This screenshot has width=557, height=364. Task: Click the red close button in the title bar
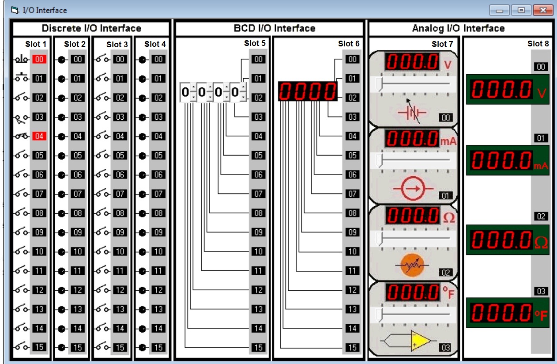pos(543,10)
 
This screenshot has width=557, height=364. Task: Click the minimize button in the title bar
pos(499,10)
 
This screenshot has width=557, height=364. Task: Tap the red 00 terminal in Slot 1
pos(39,59)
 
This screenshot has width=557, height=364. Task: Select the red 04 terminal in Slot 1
pos(39,136)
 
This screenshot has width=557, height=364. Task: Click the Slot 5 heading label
pos(255,43)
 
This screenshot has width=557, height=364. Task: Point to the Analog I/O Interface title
pos(458,28)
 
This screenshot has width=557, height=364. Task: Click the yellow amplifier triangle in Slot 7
pos(421,341)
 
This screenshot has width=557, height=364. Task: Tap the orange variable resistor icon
pos(412,265)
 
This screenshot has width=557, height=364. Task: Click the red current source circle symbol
pos(413,189)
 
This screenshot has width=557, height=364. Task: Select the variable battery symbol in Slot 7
pos(413,112)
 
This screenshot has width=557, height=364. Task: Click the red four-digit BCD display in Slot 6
pos(308,91)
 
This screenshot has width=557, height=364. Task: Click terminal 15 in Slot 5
pos(258,347)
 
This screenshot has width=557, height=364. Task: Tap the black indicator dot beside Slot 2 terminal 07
pos(62,194)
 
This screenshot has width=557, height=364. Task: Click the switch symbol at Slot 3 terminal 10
pos(102,251)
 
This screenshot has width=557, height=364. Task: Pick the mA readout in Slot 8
pos(508,160)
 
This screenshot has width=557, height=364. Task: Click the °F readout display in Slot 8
pos(508,313)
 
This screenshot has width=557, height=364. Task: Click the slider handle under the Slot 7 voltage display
pos(379,84)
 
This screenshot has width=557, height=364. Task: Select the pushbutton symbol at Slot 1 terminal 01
pos(22,77)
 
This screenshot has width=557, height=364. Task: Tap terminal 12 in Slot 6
pos(352,290)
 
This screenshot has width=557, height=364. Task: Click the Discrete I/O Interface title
pos(91,28)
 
